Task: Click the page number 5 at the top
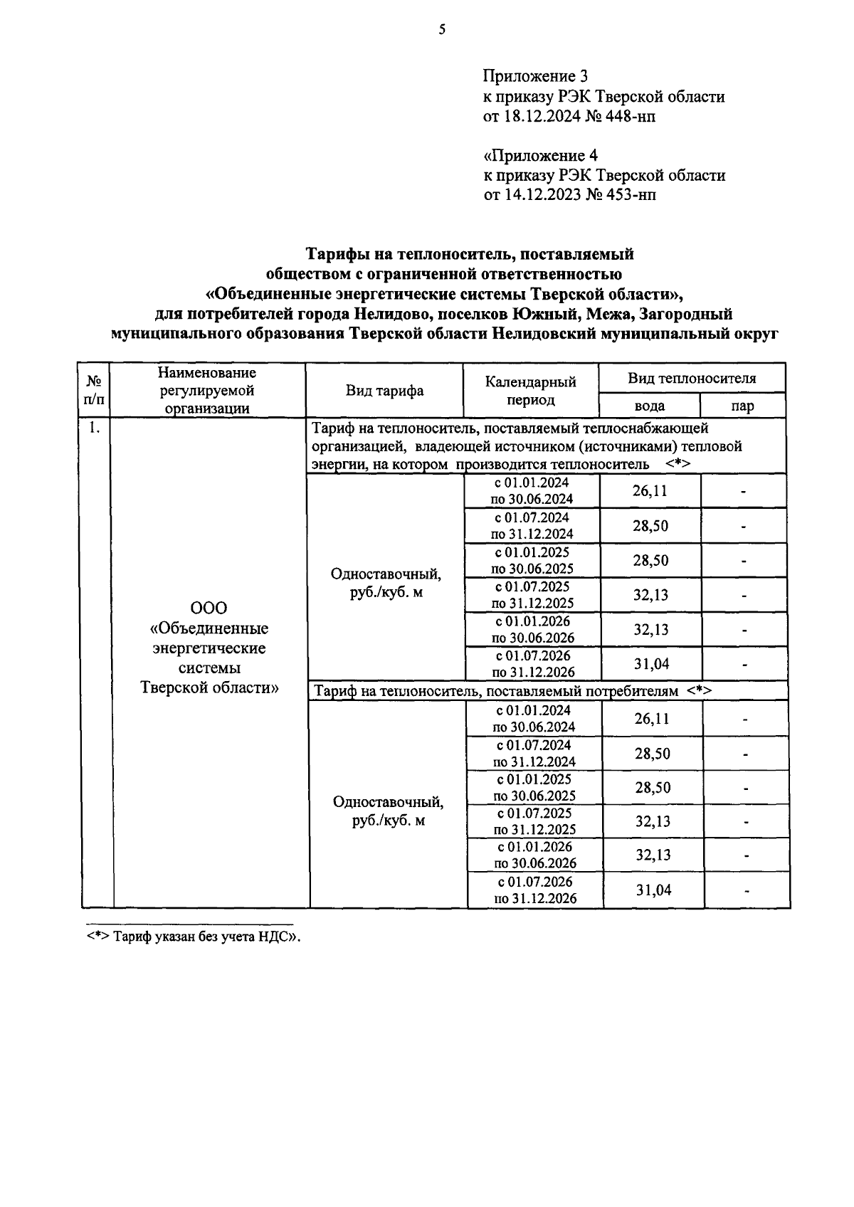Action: [x=442, y=29]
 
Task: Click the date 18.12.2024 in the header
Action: [x=537, y=116]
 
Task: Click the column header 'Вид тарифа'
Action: [x=384, y=391]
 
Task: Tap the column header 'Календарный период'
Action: [x=530, y=391]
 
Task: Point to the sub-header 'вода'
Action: [x=649, y=406]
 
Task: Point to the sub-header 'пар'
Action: [x=742, y=406]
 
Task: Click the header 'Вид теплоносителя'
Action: [x=692, y=378]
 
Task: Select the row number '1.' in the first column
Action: [x=95, y=428]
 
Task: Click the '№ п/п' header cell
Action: [x=94, y=391]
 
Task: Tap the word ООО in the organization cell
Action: [x=209, y=608]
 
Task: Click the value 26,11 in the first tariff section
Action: [x=650, y=491]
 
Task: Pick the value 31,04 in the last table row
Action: [x=653, y=890]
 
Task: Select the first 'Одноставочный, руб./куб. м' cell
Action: [x=386, y=582]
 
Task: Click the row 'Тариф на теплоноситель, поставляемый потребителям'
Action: [x=512, y=690]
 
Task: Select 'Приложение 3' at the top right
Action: [x=535, y=76]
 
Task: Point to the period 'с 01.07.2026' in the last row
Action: [x=534, y=882]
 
